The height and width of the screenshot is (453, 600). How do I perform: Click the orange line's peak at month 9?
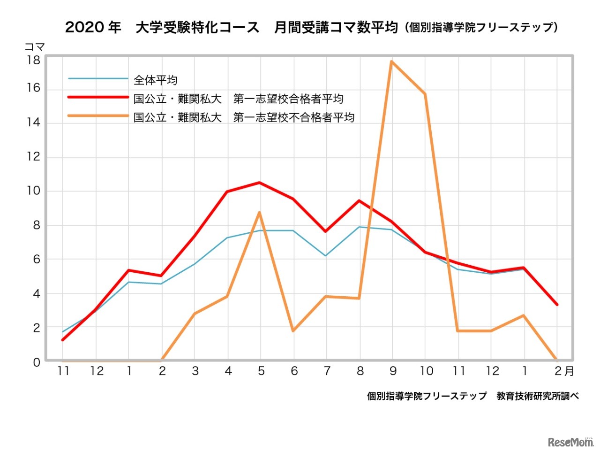tap(391, 61)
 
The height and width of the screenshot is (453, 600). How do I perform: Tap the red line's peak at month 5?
tap(260, 183)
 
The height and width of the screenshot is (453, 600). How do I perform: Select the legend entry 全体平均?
tap(155, 80)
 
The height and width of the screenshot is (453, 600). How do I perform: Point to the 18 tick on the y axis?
tap(33, 60)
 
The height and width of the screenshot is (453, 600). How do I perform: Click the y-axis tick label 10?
tap(33, 191)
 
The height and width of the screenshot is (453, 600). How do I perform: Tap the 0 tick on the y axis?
tap(37, 362)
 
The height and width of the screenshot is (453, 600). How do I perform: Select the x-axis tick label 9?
tap(393, 371)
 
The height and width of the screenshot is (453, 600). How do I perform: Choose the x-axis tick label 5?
tap(261, 371)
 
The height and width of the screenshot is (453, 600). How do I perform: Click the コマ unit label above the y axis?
tap(34, 47)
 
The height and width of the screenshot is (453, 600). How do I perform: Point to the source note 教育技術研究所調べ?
tap(538, 396)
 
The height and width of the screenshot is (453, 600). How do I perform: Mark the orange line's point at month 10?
tap(425, 94)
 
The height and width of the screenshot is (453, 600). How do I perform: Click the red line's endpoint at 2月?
tap(556, 304)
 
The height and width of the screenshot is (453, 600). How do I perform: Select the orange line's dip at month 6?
tap(293, 331)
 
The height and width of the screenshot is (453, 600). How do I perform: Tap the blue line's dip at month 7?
tap(326, 255)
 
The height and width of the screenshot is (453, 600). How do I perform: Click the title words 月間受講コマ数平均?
tap(336, 27)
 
